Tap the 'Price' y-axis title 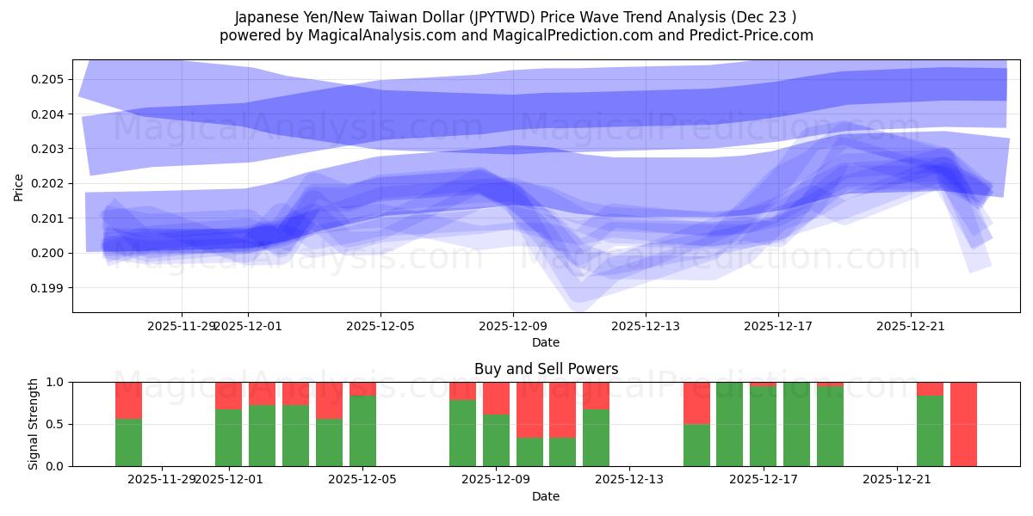[x=19, y=186]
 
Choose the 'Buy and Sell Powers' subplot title [x=546, y=369]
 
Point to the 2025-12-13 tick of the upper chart [x=646, y=326]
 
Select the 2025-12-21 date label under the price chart [x=911, y=326]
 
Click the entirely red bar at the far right [x=963, y=424]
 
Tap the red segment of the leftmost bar [x=128, y=400]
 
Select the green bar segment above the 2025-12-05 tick [x=362, y=431]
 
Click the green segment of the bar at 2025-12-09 [x=496, y=440]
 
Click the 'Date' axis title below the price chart [x=546, y=342]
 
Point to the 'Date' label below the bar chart [x=546, y=496]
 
